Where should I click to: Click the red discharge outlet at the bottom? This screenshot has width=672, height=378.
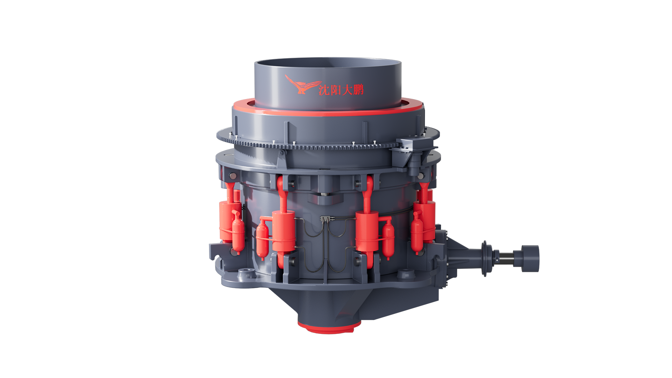[x=329, y=326]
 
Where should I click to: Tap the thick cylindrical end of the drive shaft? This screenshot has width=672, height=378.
[x=530, y=258]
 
